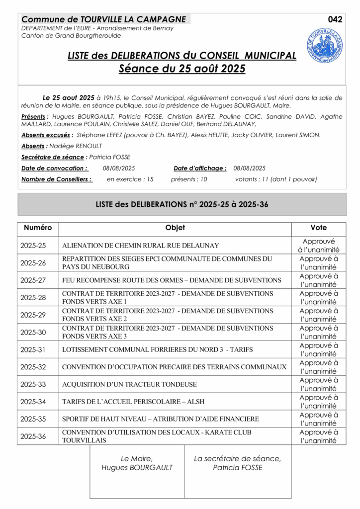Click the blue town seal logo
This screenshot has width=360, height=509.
(324, 45)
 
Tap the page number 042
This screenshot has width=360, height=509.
(335, 19)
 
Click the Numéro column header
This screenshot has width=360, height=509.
(38, 228)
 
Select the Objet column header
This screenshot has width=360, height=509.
(175, 228)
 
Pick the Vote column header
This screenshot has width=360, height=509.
(318, 228)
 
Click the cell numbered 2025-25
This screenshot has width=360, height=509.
(33, 246)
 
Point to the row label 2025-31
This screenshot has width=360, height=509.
(33, 349)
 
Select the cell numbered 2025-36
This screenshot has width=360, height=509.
(33, 436)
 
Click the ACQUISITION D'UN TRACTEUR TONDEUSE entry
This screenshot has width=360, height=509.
(129, 384)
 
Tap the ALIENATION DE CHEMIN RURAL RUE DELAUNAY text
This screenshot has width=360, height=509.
(140, 246)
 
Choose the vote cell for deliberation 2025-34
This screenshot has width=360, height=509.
(318, 402)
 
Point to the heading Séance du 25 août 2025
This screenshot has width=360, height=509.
(182, 69)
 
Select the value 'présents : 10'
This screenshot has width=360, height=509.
(189, 179)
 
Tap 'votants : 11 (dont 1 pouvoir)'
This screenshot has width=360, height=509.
(276, 179)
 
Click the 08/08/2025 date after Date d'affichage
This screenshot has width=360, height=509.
(250, 168)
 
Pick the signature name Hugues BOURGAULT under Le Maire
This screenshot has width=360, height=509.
(137, 467)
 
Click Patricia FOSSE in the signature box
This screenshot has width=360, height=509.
(238, 467)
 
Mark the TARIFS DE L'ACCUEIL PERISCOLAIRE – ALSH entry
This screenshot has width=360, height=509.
(133, 402)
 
